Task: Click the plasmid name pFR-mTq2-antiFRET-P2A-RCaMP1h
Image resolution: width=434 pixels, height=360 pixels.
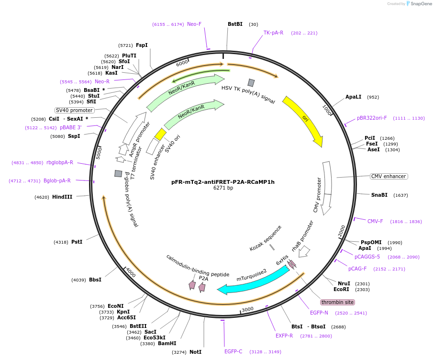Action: click(223, 182)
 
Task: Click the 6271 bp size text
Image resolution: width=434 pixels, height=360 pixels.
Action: click(223, 188)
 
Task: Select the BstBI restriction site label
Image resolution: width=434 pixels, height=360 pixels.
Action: click(235, 24)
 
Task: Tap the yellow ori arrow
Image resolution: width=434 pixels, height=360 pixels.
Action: click(303, 120)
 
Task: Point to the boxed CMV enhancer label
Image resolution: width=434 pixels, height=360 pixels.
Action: click(389, 176)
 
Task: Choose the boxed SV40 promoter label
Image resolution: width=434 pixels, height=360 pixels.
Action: click(75, 110)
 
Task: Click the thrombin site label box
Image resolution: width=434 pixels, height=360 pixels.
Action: click(337, 302)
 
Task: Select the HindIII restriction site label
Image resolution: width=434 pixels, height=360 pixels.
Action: click(62, 197)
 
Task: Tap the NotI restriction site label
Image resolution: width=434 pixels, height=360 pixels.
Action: click(195, 352)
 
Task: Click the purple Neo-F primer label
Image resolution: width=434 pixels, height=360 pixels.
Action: click(194, 24)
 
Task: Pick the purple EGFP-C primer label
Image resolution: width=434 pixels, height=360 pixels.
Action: click(234, 351)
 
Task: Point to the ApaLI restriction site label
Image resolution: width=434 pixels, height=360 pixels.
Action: click(354, 97)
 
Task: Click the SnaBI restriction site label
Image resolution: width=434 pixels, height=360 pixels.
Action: click(379, 195)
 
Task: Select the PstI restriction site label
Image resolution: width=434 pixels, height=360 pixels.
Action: click(77, 242)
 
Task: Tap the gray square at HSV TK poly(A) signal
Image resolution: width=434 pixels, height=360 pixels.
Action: click(251, 82)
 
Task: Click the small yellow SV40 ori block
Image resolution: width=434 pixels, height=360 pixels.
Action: click(160, 134)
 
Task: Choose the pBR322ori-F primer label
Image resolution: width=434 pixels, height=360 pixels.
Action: click(372, 118)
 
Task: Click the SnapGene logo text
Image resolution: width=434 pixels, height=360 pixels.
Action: click(422, 4)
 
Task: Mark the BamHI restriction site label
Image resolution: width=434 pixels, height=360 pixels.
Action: click(167, 343)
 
